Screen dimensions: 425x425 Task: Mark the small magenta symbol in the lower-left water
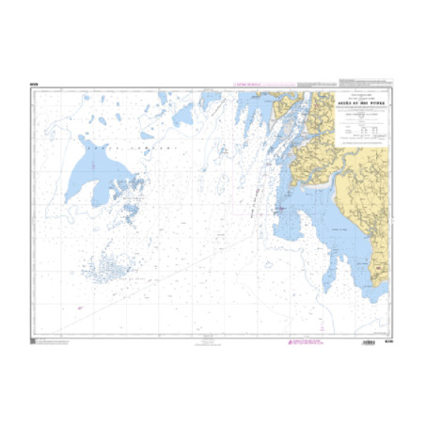tap(80, 307)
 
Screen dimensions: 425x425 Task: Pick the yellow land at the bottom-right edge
tap(380, 273)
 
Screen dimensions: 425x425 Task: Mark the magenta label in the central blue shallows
tap(279, 210)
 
